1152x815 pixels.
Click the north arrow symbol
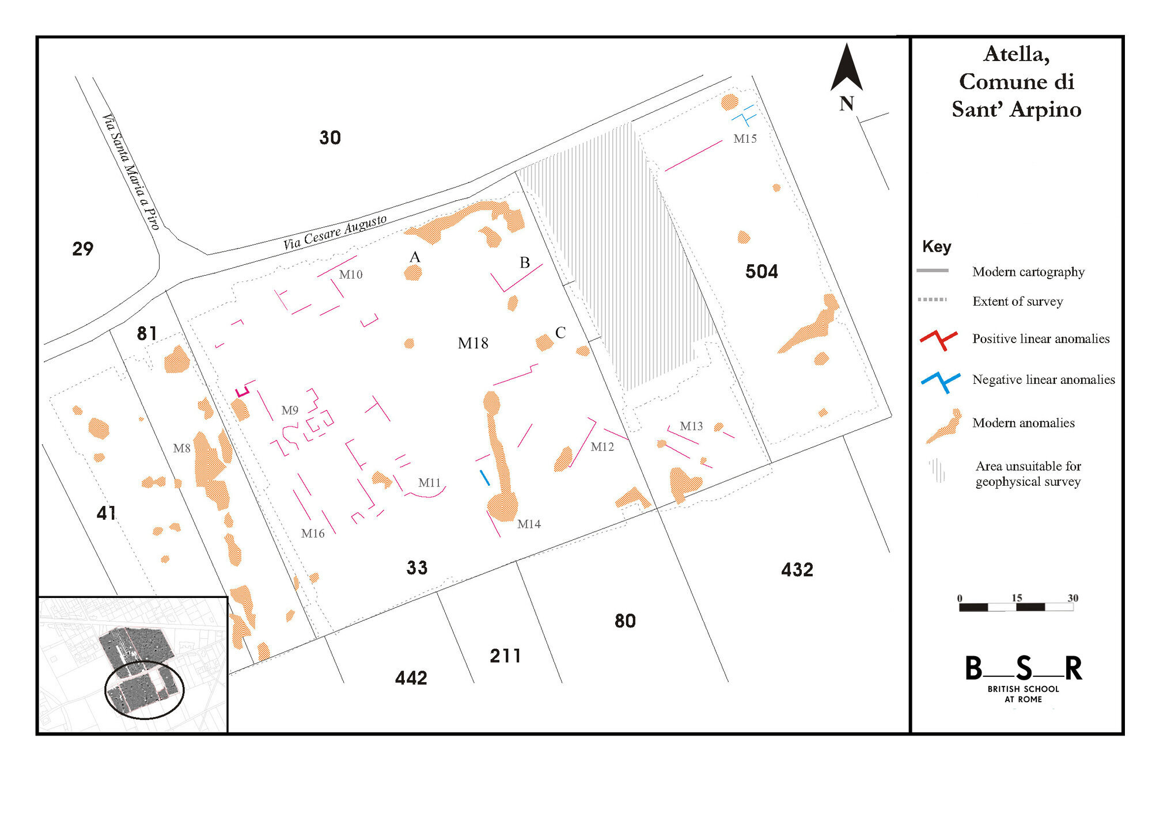point(846,68)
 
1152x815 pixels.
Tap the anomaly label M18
point(473,344)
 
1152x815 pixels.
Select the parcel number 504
point(761,272)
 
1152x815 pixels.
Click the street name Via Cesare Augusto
point(335,233)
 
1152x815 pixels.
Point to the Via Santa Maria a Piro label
point(131,172)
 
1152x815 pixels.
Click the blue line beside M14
point(485,478)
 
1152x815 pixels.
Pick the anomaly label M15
point(745,139)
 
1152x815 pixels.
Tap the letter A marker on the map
point(415,257)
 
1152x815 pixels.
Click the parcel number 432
point(797,570)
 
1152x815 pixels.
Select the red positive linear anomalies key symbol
point(939,340)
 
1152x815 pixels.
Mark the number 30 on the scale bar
point(1073,598)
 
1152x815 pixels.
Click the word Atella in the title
point(1017,54)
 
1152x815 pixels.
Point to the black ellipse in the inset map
point(144,690)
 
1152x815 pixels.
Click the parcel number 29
point(83,249)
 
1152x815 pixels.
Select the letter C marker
point(560,333)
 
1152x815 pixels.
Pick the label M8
point(181,448)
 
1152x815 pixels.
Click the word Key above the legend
point(937,247)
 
